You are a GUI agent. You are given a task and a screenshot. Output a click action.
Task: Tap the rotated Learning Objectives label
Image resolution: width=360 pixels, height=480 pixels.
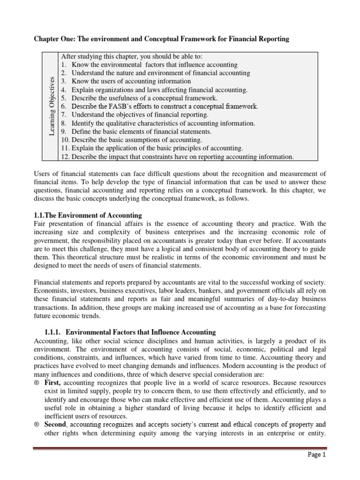click(x=52, y=106)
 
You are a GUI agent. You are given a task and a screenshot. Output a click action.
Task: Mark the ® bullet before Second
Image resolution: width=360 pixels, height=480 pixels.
click(x=37, y=425)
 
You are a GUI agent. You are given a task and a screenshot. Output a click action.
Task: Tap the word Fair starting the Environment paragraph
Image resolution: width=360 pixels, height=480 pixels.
click(x=42, y=224)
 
